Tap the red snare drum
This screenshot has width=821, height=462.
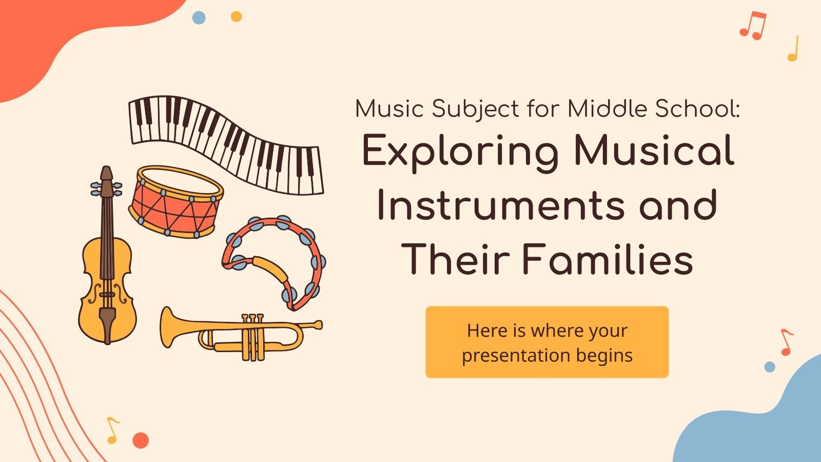coord(175,202)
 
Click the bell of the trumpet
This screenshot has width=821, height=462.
coord(169,325)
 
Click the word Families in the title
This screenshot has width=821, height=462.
coord(608,259)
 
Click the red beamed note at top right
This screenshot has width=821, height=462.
coord(753,26)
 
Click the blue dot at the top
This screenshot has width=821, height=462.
coord(199,18)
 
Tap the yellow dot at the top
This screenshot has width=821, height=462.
coord(236,16)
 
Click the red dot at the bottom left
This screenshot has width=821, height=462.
coord(141,440)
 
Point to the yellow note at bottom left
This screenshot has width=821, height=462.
coord(112,430)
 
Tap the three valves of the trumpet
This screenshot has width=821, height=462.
coord(253,336)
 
